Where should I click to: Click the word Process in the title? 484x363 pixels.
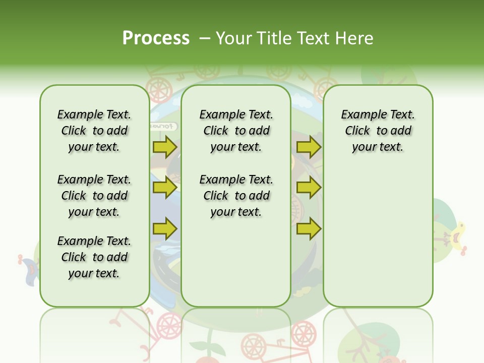tap(156, 38)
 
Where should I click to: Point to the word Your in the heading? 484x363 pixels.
tap(234, 38)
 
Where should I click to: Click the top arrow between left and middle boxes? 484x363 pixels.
tap(165, 147)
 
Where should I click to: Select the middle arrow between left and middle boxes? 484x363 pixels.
tap(165, 188)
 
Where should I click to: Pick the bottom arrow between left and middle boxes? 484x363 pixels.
tap(165, 228)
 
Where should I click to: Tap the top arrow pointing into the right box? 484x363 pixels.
tap(309, 147)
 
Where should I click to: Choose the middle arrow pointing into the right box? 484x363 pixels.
tap(309, 188)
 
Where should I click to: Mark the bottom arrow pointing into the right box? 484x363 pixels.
tap(309, 228)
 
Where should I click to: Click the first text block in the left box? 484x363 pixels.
tap(94, 131)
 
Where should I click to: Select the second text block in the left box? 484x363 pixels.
tap(94, 196)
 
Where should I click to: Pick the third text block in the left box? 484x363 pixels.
tap(94, 257)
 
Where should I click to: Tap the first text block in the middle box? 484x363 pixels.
tap(236, 131)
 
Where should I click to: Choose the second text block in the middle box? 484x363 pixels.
tap(236, 196)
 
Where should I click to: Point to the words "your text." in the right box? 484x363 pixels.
tap(378, 147)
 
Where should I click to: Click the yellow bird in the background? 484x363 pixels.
tap(458, 236)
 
